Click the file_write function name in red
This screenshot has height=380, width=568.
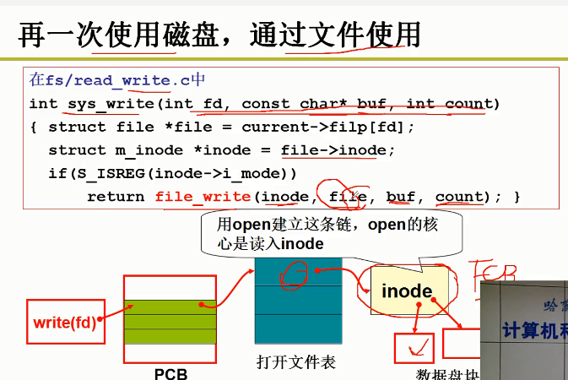pyautogui.click(x=203, y=197)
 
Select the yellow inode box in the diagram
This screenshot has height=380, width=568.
pyautogui.click(x=408, y=292)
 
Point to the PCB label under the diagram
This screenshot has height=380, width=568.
pyautogui.click(x=170, y=373)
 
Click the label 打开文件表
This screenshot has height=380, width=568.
pyautogui.click(x=295, y=363)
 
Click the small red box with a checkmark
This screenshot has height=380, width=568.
pyautogui.click(x=414, y=346)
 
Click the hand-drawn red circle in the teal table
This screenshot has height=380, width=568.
pyautogui.click(x=295, y=273)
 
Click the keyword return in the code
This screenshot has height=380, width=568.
pyautogui.click(x=116, y=197)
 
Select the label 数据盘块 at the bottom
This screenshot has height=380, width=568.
pyautogui.click(x=447, y=375)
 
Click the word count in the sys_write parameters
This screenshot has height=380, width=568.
pyautogui.click(x=467, y=104)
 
